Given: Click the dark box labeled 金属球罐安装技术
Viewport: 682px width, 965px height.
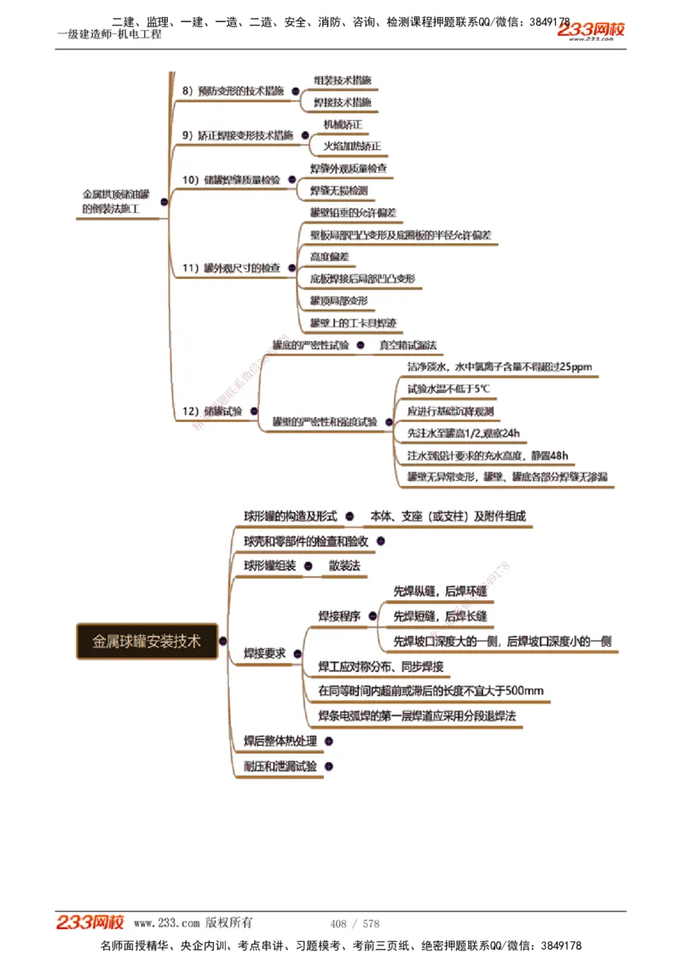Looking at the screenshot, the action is click(147, 642).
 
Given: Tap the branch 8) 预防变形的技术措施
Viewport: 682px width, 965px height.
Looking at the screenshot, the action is click(233, 90).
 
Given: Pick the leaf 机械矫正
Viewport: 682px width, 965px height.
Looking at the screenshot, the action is click(343, 124).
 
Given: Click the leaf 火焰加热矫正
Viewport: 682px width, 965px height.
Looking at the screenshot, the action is click(352, 146).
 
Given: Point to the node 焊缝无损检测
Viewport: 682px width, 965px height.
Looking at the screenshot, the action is click(338, 190).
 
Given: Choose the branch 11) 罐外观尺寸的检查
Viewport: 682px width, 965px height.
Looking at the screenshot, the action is click(231, 269).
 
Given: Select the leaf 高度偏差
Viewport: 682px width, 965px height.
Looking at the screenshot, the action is click(329, 257).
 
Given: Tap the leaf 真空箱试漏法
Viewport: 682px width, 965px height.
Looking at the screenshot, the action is click(407, 345).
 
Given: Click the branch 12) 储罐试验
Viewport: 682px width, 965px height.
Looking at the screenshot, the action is click(212, 411).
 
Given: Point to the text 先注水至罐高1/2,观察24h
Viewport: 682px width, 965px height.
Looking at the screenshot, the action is click(463, 433).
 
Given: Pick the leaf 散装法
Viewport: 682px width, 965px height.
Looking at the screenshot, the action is click(344, 566).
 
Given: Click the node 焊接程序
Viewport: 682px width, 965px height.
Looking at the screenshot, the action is click(339, 616).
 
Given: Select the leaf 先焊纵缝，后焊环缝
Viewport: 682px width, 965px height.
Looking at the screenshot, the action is click(440, 591).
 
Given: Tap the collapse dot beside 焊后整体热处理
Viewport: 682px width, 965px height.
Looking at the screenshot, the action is click(327, 742).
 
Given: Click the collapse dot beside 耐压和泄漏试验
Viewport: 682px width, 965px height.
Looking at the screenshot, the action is click(328, 766).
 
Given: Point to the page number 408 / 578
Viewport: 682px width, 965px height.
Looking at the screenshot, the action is click(354, 924).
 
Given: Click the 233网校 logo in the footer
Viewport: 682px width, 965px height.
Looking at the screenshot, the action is click(90, 922).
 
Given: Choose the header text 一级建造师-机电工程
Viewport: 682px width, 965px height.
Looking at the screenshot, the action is click(108, 34).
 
